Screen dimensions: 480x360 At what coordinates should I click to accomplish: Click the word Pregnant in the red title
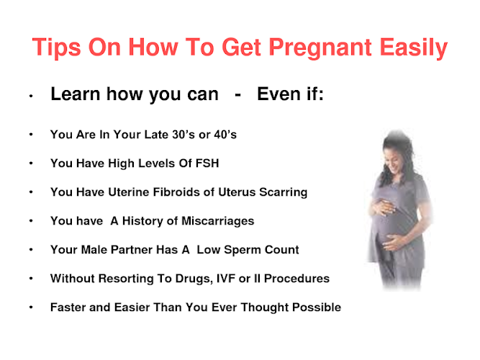pyautogui.click(x=320, y=48)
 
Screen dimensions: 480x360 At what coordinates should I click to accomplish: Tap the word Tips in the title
pyautogui.click(x=57, y=48)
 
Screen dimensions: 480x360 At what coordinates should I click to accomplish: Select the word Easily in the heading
pyautogui.click(x=414, y=48)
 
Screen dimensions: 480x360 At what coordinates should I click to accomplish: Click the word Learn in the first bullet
pyautogui.click(x=76, y=94)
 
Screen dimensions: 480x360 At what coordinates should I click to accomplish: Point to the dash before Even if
pyautogui.click(x=237, y=95)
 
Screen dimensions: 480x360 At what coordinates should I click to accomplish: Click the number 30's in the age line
pyautogui.click(x=184, y=135)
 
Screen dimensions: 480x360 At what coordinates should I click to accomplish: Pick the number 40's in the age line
pyautogui.click(x=225, y=135)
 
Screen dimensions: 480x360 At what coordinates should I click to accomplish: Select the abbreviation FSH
pyautogui.click(x=207, y=163)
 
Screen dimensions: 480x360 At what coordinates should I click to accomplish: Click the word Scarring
pyautogui.click(x=283, y=192)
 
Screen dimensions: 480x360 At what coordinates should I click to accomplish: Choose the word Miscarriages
pyautogui.click(x=217, y=221)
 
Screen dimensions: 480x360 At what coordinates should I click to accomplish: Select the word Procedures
pyautogui.click(x=296, y=279)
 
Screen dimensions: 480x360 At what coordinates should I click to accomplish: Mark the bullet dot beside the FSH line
pyautogui.click(x=31, y=163)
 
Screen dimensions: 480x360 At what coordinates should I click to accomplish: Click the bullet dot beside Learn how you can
pyautogui.click(x=31, y=96)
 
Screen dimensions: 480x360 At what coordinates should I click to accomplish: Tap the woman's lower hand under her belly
pyautogui.click(x=393, y=243)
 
